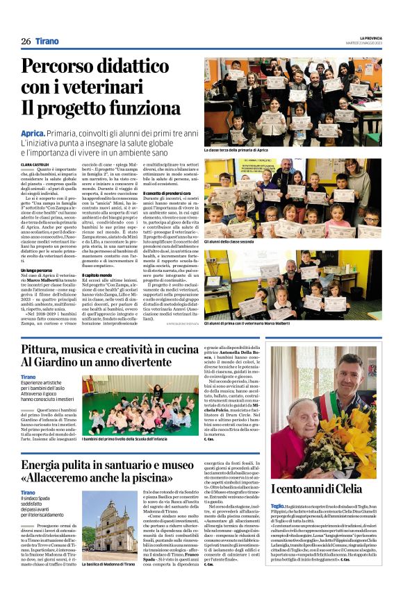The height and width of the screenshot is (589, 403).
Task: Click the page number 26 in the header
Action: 26,41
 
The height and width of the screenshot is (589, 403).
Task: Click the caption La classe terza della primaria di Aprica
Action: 236,150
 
